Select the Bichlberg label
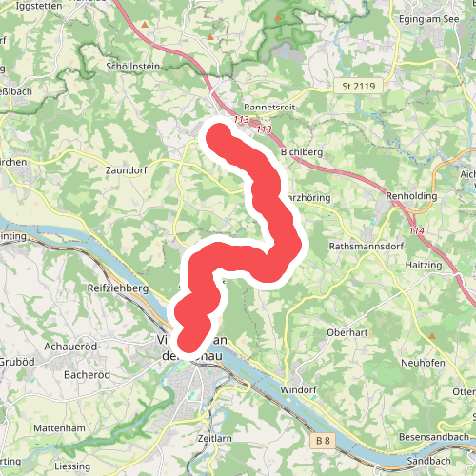(x=305, y=152)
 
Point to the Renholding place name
(x=411, y=196)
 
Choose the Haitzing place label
(x=424, y=265)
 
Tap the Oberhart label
(x=347, y=332)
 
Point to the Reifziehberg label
(x=119, y=287)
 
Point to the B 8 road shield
(x=325, y=440)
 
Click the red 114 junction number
(x=415, y=231)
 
